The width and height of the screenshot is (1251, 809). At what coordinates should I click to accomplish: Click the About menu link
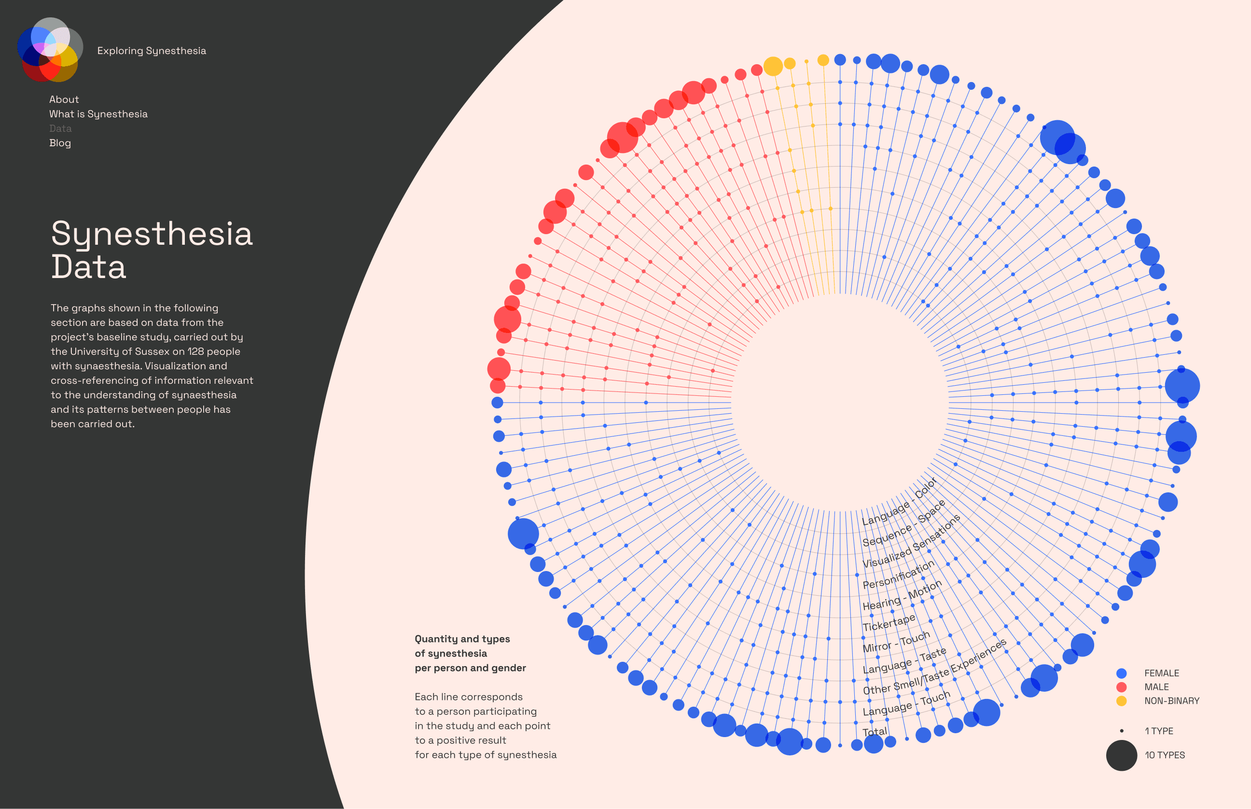pyautogui.click(x=64, y=99)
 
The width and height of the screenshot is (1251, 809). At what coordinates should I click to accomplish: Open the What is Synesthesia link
pyautogui.click(x=98, y=114)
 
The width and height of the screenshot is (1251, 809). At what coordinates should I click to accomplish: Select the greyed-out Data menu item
pyautogui.click(x=60, y=128)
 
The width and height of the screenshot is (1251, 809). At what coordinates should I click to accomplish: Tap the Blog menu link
pyautogui.click(x=60, y=143)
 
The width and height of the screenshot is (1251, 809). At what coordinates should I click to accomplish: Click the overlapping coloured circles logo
pyautogui.click(x=50, y=49)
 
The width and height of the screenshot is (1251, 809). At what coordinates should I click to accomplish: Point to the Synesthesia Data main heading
pyautogui.click(x=152, y=250)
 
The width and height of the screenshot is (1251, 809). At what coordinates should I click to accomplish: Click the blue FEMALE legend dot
pyautogui.click(x=1121, y=673)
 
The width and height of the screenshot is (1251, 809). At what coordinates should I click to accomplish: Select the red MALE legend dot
pyautogui.click(x=1121, y=686)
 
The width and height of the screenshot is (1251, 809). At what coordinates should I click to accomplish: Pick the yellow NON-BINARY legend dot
pyautogui.click(x=1121, y=701)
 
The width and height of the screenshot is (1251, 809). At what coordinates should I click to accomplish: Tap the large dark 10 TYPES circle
pyautogui.click(x=1121, y=755)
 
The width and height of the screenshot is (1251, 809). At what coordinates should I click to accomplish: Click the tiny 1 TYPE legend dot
pyautogui.click(x=1121, y=731)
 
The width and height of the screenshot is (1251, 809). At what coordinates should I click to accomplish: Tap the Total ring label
pyautogui.click(x=875, y=732)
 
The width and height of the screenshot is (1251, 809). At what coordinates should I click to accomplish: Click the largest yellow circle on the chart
pyautogui.click(x=773, y=66)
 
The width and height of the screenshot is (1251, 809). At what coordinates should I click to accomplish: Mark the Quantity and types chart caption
pyautogui.click(x=470, y=654)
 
